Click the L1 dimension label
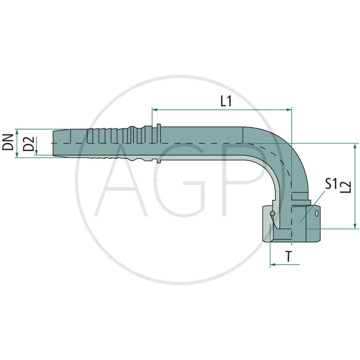[x=226, y=102]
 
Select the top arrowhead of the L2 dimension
[x=355, y=146]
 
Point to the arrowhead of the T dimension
[x=273, y=265]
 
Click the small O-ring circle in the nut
[x=272, y=213]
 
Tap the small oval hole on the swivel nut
[x=319, y=211]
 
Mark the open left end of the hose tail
[x=53, y=143]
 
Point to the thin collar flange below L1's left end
[x=158, y=143]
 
